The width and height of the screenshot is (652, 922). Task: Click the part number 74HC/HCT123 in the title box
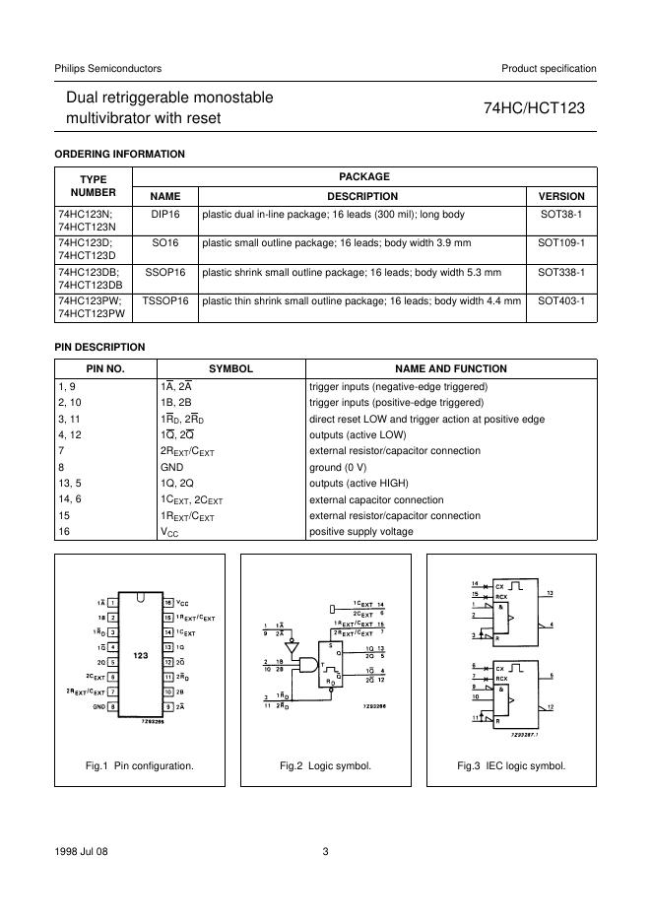534,108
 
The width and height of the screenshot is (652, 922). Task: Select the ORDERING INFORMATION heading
119,154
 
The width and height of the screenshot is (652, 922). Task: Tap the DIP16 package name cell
165,214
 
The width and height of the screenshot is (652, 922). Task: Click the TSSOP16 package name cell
165,300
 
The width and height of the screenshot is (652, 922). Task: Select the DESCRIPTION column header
362,196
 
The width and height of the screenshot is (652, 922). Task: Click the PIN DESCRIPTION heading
99,347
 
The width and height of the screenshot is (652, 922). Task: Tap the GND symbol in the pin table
172,467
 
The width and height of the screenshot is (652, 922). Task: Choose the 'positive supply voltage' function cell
361,532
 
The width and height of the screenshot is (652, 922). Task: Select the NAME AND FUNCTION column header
450,369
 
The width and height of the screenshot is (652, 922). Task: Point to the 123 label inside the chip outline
141,655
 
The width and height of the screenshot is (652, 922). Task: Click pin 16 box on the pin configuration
168,602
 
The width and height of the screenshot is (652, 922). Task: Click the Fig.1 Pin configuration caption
141,765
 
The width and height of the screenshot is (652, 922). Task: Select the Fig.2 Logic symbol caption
325,765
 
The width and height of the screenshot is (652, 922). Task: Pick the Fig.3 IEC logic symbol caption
511,765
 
